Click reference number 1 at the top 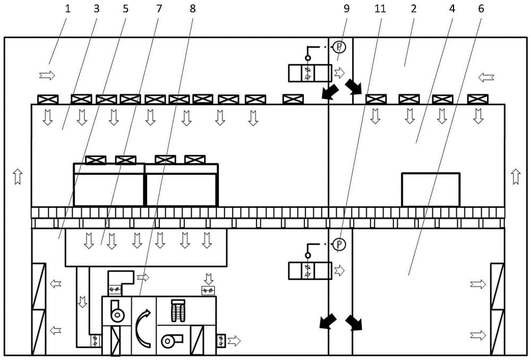67,8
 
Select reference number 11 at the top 380,8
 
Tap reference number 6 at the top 481,8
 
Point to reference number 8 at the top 193,8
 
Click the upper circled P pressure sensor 339,47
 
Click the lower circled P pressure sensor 339,244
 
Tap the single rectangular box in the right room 431,190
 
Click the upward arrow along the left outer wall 18,176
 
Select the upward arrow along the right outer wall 516,176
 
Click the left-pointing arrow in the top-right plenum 486,78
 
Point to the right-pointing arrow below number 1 47,75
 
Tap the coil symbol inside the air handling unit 178,311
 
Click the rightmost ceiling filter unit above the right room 477,99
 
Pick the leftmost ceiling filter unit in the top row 48,99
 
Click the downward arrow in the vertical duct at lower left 82,302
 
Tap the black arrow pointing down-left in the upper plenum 330,92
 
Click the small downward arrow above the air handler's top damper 209,279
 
